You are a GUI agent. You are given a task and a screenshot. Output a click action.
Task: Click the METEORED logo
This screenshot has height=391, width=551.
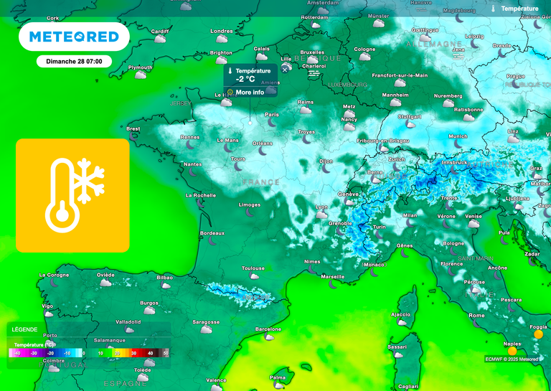click(x=74, y=37)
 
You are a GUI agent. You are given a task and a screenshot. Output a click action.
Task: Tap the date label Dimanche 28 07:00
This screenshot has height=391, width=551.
click(x=74, y=61)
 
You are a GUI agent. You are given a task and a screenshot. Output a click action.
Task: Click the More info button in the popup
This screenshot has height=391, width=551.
click(x=250, y=92)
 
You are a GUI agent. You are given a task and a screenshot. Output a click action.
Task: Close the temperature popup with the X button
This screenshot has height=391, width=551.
click(x=285, y=70)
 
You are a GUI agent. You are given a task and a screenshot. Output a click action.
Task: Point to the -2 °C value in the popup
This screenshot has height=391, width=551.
click(x=245, y=80)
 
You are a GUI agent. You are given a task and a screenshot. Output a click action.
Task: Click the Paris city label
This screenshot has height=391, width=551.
click(x=272, y=114)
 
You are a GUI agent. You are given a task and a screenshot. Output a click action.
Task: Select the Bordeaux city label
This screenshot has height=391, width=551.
click(x=212, y=233)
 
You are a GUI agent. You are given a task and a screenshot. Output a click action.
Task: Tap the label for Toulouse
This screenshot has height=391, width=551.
click(x=253, y=268)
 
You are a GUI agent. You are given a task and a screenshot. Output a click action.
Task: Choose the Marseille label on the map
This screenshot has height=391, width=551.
click(x=333, y=276)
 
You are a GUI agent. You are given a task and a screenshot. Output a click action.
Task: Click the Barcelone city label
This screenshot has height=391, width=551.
click(x=268, y=329)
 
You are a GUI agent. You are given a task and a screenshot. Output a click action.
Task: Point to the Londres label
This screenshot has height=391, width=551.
click(x=222, y=31)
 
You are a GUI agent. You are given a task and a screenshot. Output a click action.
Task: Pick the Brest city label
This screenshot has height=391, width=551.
click(x=133, y=129)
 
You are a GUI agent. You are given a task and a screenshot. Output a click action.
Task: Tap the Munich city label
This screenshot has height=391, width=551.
click(x=458, y=136)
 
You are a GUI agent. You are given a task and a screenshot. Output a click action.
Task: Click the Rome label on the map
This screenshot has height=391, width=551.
click(x=476, y=315)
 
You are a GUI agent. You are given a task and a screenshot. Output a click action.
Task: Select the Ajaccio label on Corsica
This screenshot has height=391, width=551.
click(x=400, y=314)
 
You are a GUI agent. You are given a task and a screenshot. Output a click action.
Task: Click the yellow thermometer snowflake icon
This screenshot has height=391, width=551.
click(x=72, y=195)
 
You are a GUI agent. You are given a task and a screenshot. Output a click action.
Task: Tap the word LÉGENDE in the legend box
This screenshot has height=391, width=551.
click(x=24, y=329)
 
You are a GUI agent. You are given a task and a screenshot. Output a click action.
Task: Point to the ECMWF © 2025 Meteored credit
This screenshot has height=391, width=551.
click(x=512, y=359)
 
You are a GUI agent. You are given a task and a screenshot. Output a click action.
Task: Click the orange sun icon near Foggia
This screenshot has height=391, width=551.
click(x=538, y=334)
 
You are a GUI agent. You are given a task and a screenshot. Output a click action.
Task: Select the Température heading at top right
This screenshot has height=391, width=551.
click(x=519, y=9)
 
